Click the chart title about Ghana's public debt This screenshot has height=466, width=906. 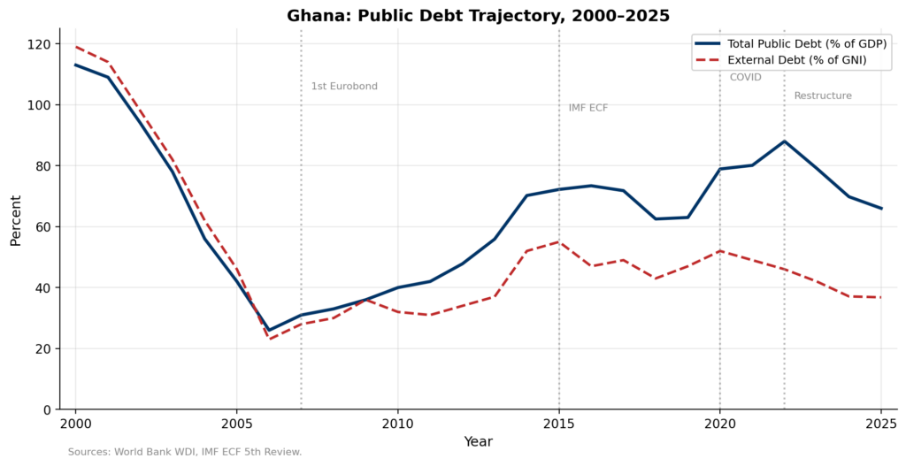478,16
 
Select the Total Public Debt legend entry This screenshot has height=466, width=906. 796,43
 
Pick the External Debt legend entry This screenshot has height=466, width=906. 796,60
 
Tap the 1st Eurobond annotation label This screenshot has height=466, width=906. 344,87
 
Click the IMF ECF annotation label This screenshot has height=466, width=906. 588,108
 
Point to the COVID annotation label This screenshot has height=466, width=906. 745,78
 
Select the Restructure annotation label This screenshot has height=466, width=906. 823,95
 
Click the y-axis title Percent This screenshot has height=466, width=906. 16,220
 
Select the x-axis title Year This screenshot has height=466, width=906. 478,441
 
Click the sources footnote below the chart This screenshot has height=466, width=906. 185,452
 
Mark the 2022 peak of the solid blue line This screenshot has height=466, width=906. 784,141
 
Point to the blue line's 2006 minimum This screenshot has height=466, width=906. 269,330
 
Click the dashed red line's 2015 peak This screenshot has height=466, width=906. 559,241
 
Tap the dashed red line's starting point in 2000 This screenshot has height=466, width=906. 75,47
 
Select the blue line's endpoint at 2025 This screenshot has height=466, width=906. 881,209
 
